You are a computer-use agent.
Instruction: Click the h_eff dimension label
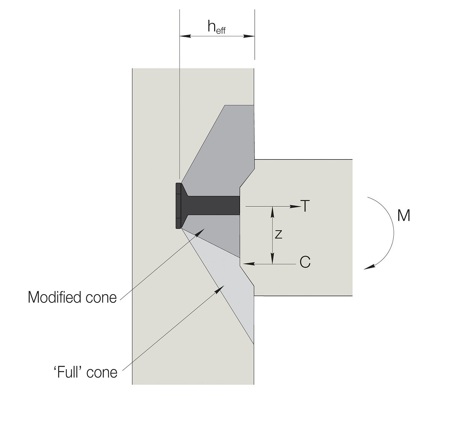(x=216, y=27)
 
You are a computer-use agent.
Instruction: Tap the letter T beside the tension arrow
(x=305, y=206)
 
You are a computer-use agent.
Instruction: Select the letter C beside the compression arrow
(x=305, y=262)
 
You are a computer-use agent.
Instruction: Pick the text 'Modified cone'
(x=72, y=298)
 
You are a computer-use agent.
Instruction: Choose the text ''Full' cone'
(x=85, y=372)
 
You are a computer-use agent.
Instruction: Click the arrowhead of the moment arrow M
(x=369, y=267)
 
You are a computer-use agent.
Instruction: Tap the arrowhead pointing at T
(x=295, y=206)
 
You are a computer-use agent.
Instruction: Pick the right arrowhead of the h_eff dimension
(x=250, y=36)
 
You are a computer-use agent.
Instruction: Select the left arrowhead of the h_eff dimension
(x=185, y=36)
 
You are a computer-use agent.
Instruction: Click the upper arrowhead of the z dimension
(x=273, y=211)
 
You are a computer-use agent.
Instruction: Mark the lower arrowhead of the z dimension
(x=273, y=259)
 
